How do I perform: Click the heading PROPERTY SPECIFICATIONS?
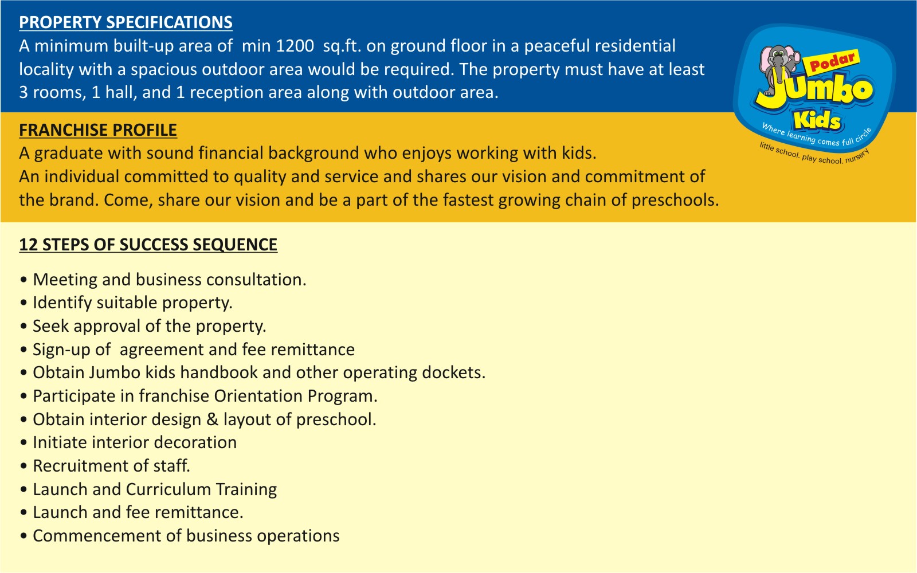coord(126,22)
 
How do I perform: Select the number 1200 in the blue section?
coord(295,46)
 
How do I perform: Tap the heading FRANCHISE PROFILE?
coord(98,130)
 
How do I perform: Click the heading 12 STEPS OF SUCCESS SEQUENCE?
coord(148,245)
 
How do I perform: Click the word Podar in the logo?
coord(832,61)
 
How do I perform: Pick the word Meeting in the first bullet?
coord(65,280)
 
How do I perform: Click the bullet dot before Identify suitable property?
coord(23,303)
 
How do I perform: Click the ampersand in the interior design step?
coord(213,419)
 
